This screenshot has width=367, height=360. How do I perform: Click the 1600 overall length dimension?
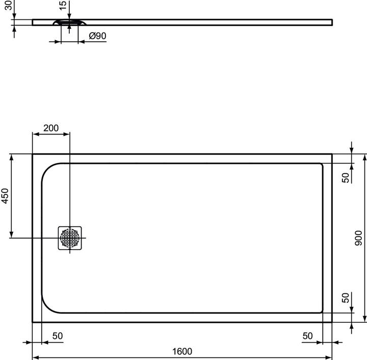point(182,351)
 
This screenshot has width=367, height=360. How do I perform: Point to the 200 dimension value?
point(51,128)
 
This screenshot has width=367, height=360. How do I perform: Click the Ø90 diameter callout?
point(97,36)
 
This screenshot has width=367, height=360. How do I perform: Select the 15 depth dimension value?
point(62,6)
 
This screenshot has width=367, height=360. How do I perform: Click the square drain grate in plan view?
point(70,238)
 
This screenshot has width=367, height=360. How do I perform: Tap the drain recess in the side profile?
point(70,22)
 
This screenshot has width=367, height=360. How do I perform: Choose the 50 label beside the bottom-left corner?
point(57,336)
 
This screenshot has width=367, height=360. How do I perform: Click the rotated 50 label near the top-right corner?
point(346,178)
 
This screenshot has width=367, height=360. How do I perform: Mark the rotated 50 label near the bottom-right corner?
point(346,298)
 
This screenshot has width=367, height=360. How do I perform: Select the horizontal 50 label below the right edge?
point(307,336)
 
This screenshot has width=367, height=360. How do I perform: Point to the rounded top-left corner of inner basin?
point(47,170)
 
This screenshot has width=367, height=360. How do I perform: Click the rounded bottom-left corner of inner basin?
point(47,306)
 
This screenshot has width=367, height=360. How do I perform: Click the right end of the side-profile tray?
point(332,22)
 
